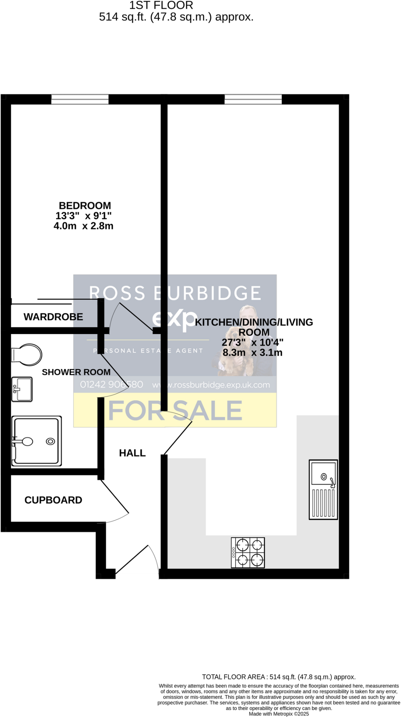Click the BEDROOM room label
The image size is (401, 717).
tap(85, 206)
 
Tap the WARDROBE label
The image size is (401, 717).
tap(53, 317)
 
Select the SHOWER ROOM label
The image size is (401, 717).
tap(76, 372)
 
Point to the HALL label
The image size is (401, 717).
tap(132, 453)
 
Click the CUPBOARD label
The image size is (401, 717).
tap(53, 500)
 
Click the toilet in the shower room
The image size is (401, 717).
tap(27, 355)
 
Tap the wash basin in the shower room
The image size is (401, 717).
tap(22, 389)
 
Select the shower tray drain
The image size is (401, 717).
tap(50, 441)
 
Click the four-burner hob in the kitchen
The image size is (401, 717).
tap(248, 552)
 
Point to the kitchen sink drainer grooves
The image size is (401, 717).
tap(323, 503)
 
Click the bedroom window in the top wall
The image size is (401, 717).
tap(80, 99)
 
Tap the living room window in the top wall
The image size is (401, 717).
tap(253, 99)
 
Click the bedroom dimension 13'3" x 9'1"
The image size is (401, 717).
tap(84, 216)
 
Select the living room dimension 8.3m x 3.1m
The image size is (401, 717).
tap(253, 353)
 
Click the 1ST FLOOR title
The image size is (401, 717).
tap(161, 5)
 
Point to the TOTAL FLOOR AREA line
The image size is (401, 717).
tap(279, 677)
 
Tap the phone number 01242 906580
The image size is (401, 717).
tap(111, 385)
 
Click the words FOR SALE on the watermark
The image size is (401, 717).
tap(175, 410)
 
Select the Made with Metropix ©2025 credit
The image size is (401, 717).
tap(279, 714)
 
